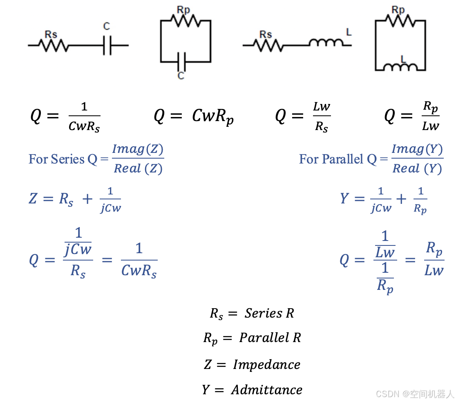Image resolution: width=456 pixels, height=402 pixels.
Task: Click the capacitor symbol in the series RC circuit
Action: pyautogui.click(x=107, y=45)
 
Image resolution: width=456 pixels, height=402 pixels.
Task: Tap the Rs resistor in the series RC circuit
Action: pyautogui.click(x=53, y=45)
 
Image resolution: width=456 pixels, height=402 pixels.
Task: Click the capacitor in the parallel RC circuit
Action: pyautogui.click(x=182, y=62)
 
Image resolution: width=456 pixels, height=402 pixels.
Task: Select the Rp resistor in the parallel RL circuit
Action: pyautogui.click(x=400, y=20)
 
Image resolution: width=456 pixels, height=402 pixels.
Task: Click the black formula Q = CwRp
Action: pyautogui.click(x=194, y=117)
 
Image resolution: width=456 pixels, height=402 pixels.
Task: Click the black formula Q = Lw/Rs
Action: pyautogui.click(x=303, y=117)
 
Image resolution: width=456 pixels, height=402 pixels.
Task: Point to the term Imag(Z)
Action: pyautogui.click(x=138, y=149)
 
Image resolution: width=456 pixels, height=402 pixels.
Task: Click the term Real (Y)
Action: pyautogui.click(x=417, y=168)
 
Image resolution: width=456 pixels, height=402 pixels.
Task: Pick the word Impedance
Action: pyautogui.click(x=266, y=364)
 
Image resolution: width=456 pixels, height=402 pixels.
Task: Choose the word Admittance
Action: pyautogui.click(x=266, y=390)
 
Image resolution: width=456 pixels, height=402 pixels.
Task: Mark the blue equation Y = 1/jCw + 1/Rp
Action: pyautogui.click(x=384, y=200)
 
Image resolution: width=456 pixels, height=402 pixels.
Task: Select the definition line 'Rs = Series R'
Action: pyautogui.click(x=252, y=314)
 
